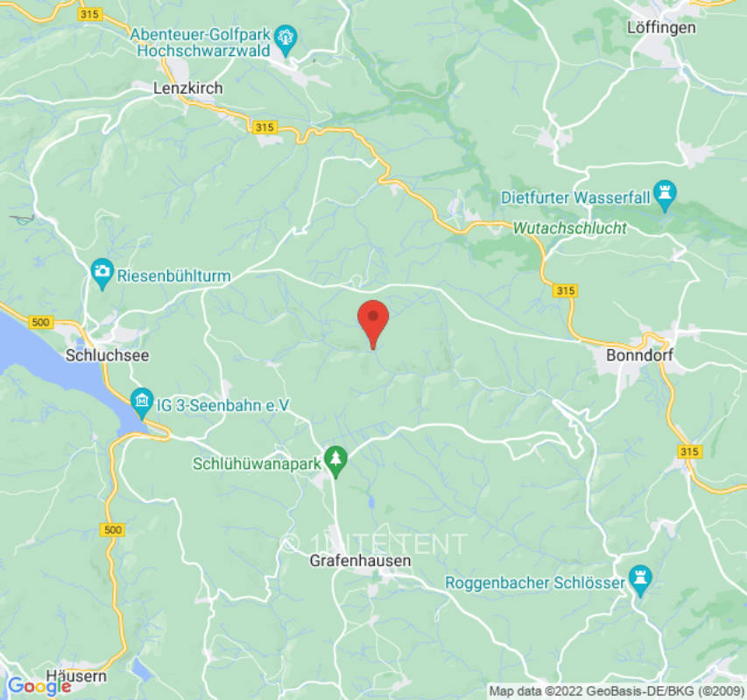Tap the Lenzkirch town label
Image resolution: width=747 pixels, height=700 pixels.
coord(187,88)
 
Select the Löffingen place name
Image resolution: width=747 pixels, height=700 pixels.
coord(661,27)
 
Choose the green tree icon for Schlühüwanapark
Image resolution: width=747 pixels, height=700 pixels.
coord(335,458)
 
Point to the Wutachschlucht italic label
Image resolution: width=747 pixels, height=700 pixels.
coord(569,228)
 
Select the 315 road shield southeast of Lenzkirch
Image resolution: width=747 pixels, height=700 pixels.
coord(264,128)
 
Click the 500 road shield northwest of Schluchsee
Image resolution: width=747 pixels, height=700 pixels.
coord(40,323)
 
